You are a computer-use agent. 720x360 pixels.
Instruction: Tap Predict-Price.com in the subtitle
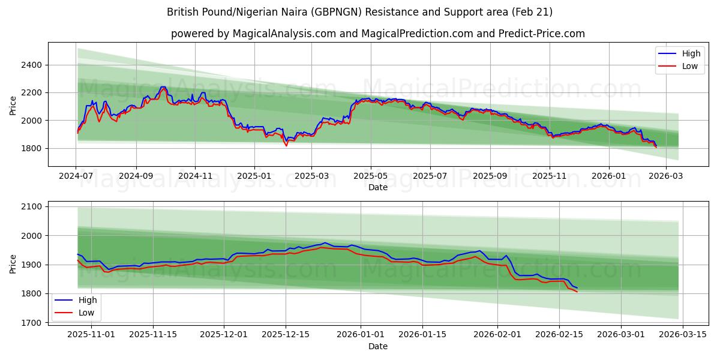pyautogui.click(x=541, y=34)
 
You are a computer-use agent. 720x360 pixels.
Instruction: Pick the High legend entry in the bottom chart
pyautogui.click(x=88, y=299)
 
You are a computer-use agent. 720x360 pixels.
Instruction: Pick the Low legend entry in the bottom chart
pyautogui.click(x=86, y=313)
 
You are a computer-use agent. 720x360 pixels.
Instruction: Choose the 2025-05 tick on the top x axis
pyautogui.click(x=370, y=176)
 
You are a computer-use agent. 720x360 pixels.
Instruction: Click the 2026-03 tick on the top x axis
pyautogui.click(x=667, y=176)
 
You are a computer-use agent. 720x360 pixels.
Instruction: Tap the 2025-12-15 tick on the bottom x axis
pyautogui.click(x=286, y=334)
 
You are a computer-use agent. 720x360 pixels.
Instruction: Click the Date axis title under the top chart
pyautogui.click(x=378, y=187)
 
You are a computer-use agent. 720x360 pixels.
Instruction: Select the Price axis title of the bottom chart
pyautogui.click(x=13, y=264)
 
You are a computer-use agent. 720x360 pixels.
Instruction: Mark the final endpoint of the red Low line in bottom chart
pyautogui.click(x=577, y=292)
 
